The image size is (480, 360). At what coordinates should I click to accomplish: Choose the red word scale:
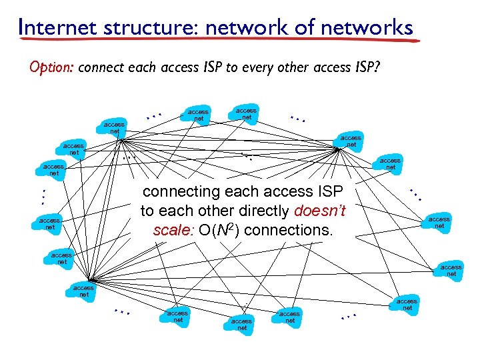click(172, 231)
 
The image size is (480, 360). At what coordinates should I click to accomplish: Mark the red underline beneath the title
click(220, 41)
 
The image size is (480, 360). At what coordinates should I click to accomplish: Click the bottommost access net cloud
click(241, 324)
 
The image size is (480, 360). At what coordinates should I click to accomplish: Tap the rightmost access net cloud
click(451, 270)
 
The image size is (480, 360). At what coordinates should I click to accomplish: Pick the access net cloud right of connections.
click(439, 222)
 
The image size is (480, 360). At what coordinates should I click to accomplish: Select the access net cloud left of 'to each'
click(50, 223)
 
